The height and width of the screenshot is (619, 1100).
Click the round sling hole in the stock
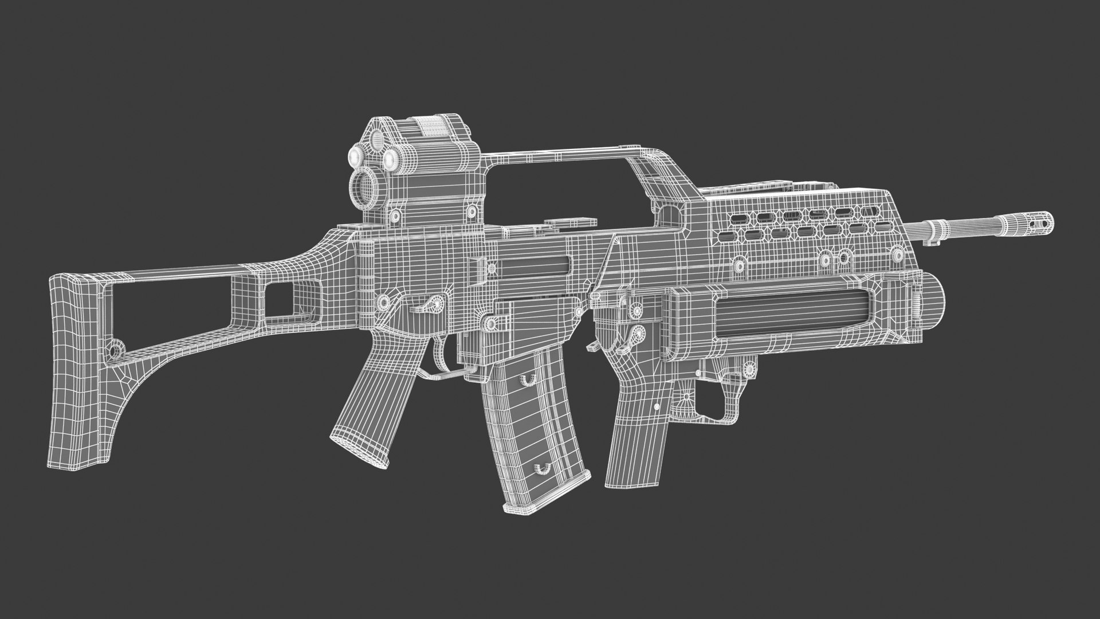tap(116, 349)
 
